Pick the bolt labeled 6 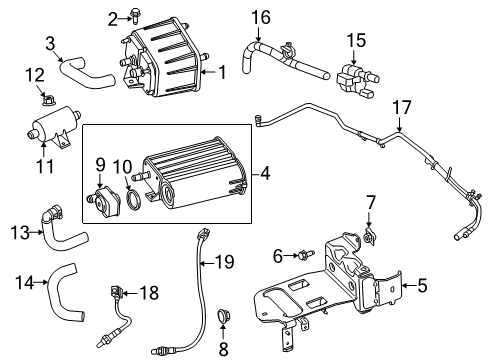(x=302, y=255)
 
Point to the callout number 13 (x=19, y=233)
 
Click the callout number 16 (x=260, y=17)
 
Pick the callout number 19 (x=225, y=263)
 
